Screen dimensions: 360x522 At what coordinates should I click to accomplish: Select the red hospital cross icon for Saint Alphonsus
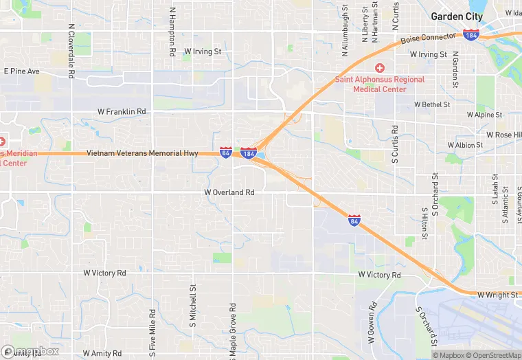[379, 68]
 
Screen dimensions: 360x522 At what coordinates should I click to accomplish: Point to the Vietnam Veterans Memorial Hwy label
[142, 153]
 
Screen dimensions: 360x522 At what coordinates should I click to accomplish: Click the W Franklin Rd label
[122, 111]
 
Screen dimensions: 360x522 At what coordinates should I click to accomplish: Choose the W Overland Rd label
[229, 193]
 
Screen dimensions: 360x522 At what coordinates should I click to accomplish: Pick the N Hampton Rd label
[172, 32]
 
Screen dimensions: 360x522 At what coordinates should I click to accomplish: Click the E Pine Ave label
[22, 71]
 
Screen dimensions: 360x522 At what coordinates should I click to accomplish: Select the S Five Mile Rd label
[152, 330]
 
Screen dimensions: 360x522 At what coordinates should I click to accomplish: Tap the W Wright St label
[499, 295]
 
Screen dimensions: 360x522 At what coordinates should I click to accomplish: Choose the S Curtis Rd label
[395, 145]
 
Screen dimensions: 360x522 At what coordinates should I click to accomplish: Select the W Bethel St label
[431, 105]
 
